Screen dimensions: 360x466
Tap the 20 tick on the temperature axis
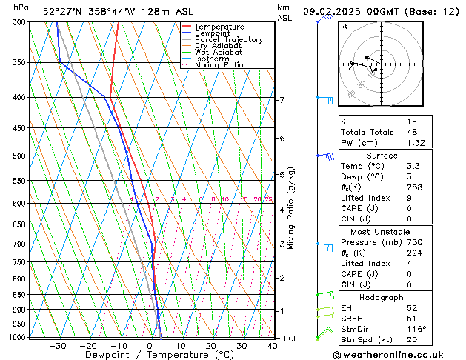211,346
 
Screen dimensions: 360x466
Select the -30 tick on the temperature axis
57,346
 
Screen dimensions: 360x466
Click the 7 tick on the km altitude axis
282,100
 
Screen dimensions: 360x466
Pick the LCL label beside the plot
291,339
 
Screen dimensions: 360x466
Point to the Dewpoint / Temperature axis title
147,355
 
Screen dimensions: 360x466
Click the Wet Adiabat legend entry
223,53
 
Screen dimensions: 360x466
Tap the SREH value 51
412,319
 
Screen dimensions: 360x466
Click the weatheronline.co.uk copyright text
399,354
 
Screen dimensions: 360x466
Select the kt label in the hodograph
344,26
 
